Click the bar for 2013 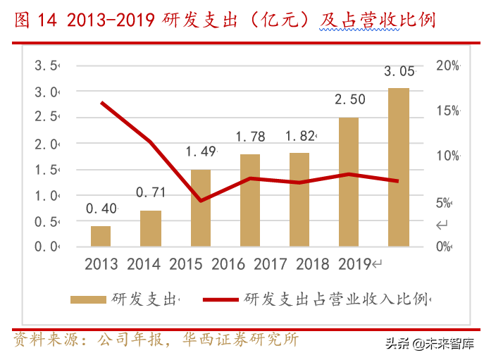(x=101, y=236)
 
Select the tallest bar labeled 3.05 (x=399, y=167)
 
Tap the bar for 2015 (x=200, y=208)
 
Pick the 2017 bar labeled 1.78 (x=250, y=200)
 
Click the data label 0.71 (x=150, y=192)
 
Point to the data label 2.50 (x=349, y=99)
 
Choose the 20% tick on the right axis (x=447, y=66)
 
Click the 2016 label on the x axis (x=228, y=265)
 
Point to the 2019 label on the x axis (x=354, y=265)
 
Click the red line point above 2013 (x=102, y=103)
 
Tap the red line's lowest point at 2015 (x=201, y=201)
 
